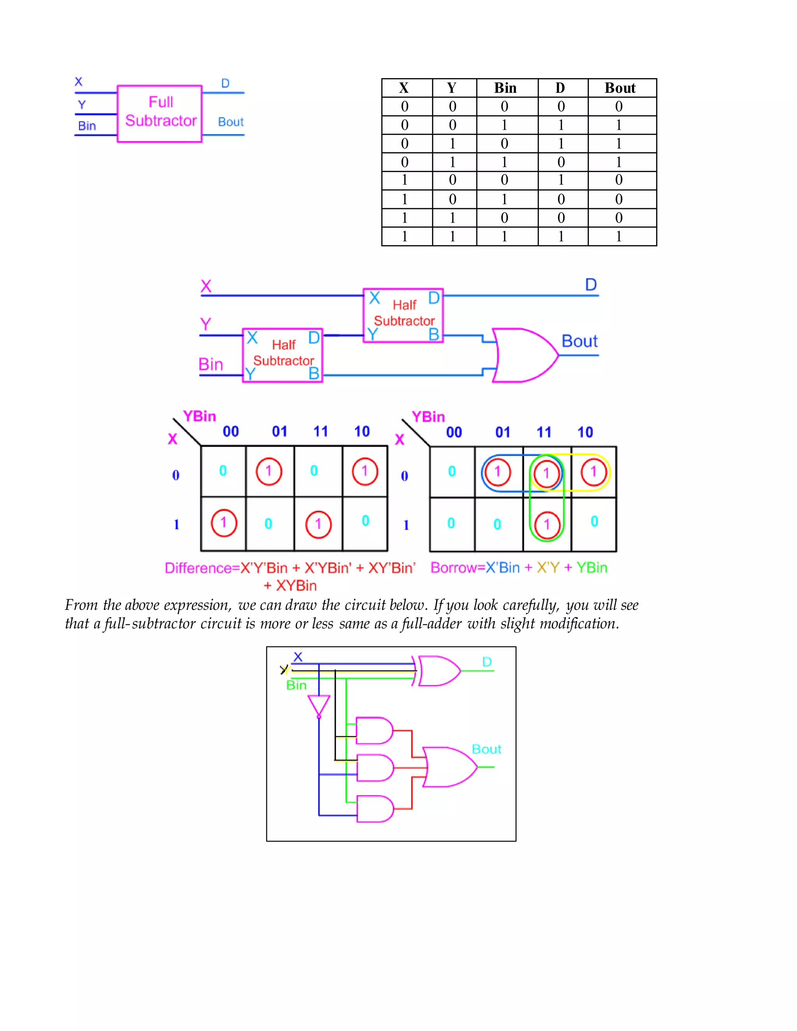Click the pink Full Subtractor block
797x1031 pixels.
point(160,113)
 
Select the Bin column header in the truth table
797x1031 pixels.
point(505,88)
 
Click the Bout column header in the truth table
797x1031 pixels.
point(620,88)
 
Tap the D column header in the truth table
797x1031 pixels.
point(560,88)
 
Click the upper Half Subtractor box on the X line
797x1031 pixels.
point(403,315)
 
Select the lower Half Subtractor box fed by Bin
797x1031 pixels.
point(283,355)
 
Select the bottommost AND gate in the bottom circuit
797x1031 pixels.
point(375,809)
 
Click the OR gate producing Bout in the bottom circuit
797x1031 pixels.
point(449,767)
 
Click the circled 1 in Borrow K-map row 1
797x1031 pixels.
point(547,524)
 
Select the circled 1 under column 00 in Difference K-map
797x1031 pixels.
point(223,523)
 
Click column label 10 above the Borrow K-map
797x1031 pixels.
point(585,432)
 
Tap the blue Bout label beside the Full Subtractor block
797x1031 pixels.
point(230,122)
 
